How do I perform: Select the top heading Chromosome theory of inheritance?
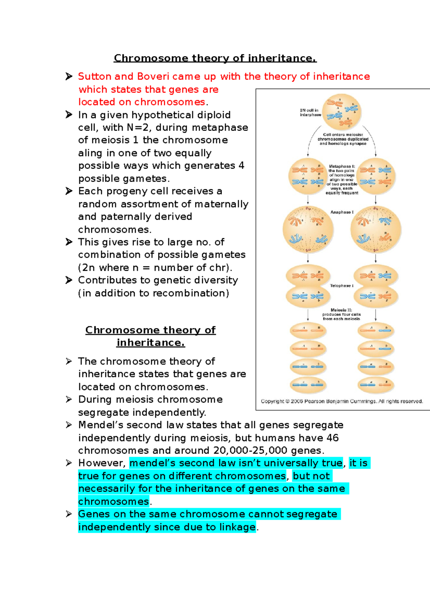click(215, 58)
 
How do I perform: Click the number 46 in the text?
click(333, 438)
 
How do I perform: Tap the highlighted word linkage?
click(238, 527)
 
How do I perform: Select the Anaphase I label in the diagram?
click(342, 212)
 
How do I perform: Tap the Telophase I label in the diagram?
click(341, 286)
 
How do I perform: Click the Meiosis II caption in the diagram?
click(341, 314)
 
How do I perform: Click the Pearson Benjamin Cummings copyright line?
click(341, 401)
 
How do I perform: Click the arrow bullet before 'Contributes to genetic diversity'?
click(69, 280)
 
